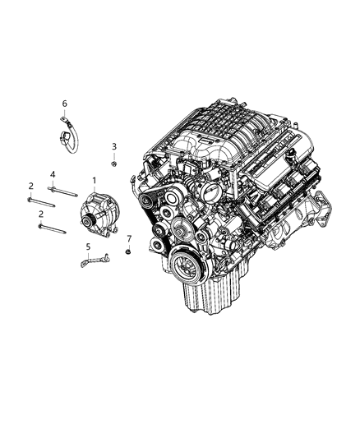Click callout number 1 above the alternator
coord(95,180)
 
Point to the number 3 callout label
coord(114,146)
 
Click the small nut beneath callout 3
coord(114,164)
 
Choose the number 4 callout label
coord(53,175)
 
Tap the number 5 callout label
coord(88,246)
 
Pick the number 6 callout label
coord(64,104)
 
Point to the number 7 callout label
coord(129,238)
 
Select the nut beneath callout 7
coord(129,252)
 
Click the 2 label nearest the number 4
coord(30,186)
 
